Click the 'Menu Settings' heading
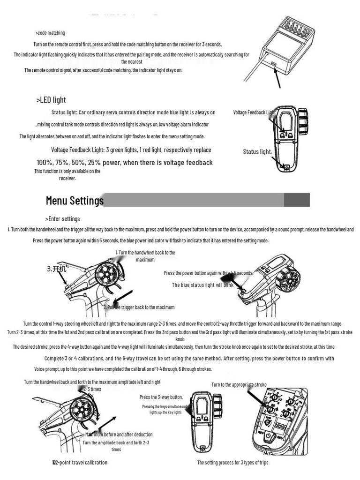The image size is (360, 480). pyautogui.click(x=75, y=201)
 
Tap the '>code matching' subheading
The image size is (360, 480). pyautogui.click(x=50, y=33)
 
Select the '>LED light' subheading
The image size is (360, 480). pyautogui.click(x=51, y=100)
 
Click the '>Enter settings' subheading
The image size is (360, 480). pyautogui.click(x=63, y=219)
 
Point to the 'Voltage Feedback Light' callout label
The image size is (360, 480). pyautogui.click(x=254, y=112)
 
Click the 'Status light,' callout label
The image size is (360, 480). pyautogui.click(x=257, y=151)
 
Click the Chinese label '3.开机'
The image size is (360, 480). pyautogui.click(x=58, y=269)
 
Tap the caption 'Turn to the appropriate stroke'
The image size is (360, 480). pyautogui.click(x=239, y=385)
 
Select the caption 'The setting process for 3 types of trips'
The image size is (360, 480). pyautogui.click(x=232, y=463)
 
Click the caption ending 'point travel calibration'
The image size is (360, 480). pyautogui.click(x=80, y=463)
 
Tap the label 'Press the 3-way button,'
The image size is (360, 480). pyautogui.click(x=161, y=397)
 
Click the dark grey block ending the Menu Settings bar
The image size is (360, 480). pyautogui.click(x=297, y=200)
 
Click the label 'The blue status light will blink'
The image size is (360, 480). pyautogui.click(x=202, y=285)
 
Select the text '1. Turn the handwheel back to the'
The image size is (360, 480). pyautogui.click(x=145, y=253)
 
